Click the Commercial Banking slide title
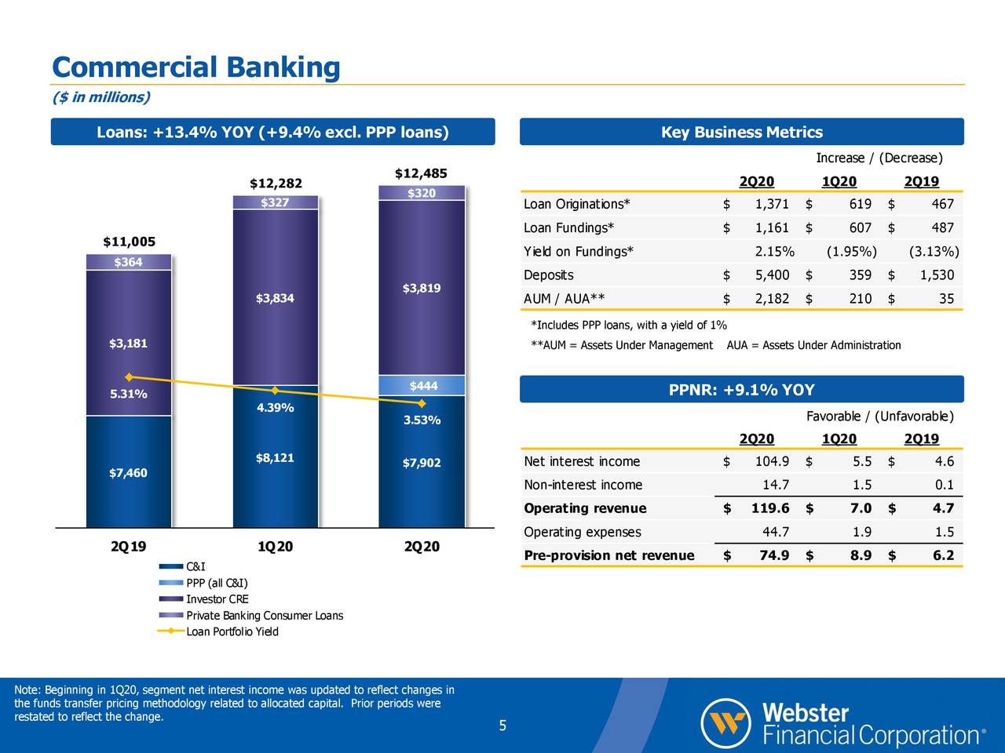[196, 67]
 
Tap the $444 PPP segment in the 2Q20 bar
[422, 385]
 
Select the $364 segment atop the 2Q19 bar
[128, 262]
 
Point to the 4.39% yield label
[275, 408]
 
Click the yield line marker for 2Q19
[129, 377]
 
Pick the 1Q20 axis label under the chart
[275, 547]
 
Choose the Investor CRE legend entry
[217, 599]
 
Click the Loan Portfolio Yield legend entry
[232, 631]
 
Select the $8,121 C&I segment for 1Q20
[275, 458]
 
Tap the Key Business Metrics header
[741, 132]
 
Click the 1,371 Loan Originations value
[771, 205]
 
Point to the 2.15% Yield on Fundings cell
[774, 252]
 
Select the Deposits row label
[548, 275]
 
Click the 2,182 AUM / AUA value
[771, 299]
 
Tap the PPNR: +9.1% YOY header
[741, 390]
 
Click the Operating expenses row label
[582, 533]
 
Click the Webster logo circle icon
[726, 722]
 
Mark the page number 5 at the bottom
[502, 726]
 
